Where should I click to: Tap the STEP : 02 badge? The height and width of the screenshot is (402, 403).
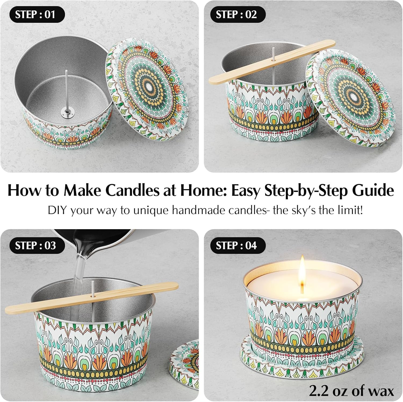click(236, 14)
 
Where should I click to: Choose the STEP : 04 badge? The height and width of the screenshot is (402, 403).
click(236, 246)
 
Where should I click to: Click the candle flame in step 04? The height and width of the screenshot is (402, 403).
click(302, 271)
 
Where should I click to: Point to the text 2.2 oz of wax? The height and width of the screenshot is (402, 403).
click(351, 390)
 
